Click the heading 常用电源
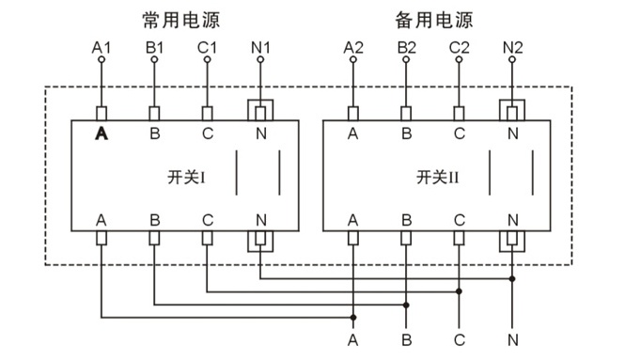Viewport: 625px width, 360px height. [180, 19]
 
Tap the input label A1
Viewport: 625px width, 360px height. [101, 46]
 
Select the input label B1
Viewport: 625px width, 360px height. [154, 46]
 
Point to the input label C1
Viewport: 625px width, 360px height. [207, 46]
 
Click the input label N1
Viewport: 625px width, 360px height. [259, 46]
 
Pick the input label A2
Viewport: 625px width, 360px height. [353, 46]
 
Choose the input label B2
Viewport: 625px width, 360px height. [406, 46]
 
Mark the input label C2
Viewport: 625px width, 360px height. [459, 46]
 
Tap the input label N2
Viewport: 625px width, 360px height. [512, 46]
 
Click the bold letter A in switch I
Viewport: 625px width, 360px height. [102, 133]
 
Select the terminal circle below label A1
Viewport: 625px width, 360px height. [101, 60]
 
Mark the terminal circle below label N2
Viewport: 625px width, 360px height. [512, 60]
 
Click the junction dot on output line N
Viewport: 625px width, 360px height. [512, 279]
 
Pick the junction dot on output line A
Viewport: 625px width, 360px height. [353, 317]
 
